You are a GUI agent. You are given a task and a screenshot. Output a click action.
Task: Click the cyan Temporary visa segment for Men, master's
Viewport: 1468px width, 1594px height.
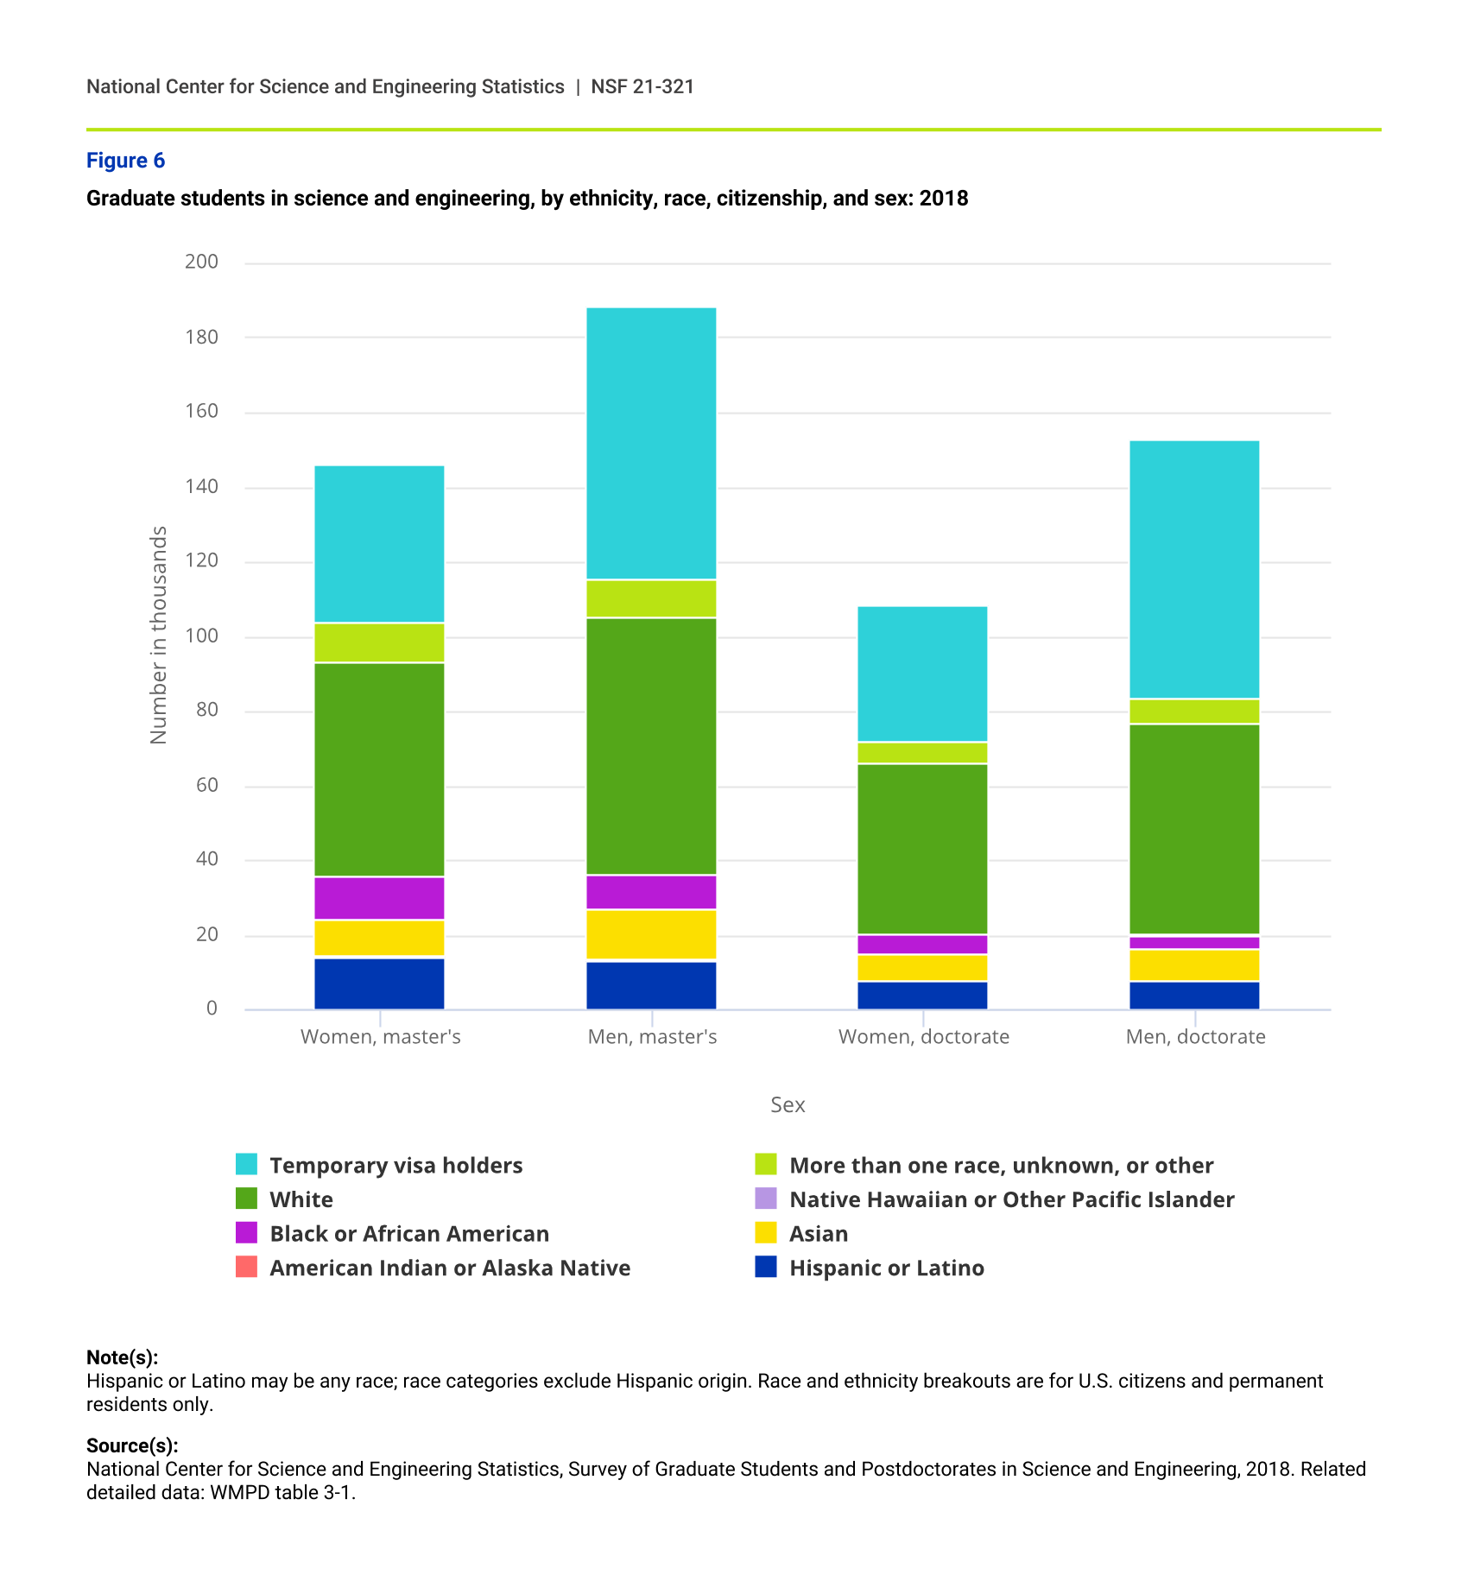pos(651,443)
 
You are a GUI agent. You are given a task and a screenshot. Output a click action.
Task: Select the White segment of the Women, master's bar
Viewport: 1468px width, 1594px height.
pos(379,769)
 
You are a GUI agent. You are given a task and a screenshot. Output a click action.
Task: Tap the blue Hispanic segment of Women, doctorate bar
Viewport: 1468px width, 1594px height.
pos(922,996)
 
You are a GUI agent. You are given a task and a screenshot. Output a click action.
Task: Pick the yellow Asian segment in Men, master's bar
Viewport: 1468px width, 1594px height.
pos(651,934)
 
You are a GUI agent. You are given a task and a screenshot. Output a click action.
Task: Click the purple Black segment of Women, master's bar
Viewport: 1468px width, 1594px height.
pos(379,898)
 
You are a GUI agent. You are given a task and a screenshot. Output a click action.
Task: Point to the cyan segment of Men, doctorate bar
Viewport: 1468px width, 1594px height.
pos(1194,569)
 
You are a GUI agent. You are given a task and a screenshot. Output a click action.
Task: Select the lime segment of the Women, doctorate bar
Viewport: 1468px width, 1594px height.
pos(922,753)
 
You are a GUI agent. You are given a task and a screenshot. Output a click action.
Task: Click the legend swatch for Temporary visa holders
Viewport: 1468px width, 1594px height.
pos(247,1164)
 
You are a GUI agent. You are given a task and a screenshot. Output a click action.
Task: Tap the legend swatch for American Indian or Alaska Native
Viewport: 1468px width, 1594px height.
pos(247,1267)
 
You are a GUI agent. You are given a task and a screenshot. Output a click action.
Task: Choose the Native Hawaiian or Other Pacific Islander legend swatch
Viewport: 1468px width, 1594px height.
pos(766,1199)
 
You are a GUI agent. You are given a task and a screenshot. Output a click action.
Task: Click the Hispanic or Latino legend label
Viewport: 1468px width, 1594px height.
pos(886,1268)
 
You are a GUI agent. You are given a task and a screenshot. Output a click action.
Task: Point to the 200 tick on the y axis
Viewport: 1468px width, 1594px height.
pos(201,262)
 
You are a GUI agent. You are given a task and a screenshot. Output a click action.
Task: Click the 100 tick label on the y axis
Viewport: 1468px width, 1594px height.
pos(201,636)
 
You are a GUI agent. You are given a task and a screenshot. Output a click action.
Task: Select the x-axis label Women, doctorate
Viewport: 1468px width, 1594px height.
pos(923,1036)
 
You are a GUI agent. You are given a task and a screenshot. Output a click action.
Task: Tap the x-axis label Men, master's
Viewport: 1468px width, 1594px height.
pos(652,1036)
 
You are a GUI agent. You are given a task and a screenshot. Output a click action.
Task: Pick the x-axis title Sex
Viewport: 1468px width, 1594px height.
pos(788,1104)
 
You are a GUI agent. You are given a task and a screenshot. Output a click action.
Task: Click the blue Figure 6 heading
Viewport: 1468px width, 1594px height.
pos(125,161)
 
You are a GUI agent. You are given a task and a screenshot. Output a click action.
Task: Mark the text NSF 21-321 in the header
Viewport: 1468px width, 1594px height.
pos(642,86)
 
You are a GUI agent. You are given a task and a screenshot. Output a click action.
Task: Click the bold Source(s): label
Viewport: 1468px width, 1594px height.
pos(132,1445)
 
